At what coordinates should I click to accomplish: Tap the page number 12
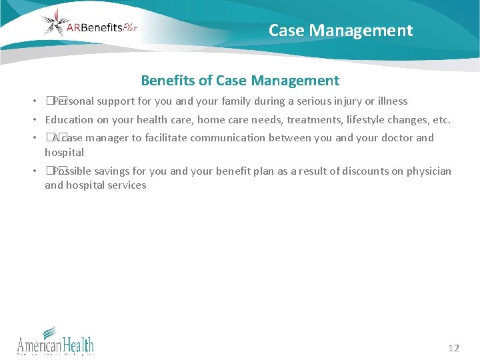click(454, 348)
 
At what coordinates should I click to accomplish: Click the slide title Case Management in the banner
click(341, 31)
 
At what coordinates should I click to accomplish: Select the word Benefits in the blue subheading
click(167, 81)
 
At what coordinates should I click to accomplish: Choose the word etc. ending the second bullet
click(440, 120)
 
